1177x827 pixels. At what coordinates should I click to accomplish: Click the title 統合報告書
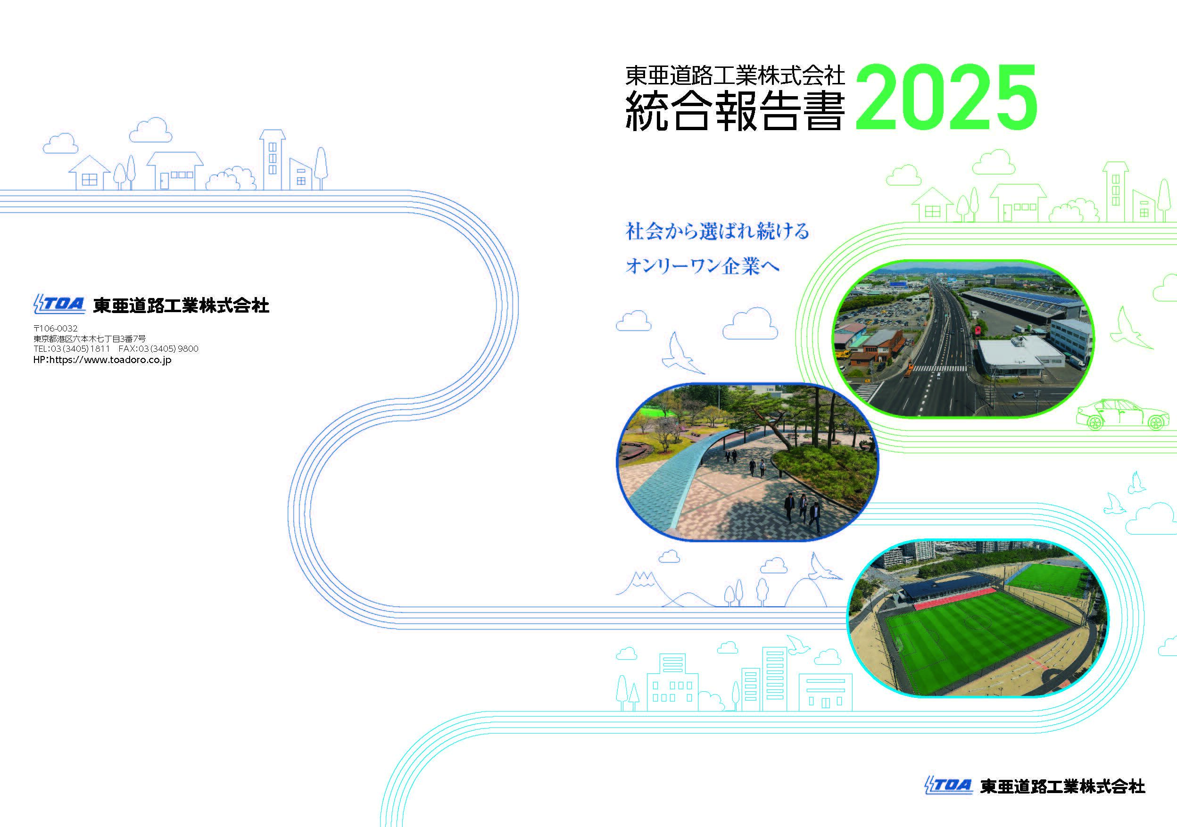pyautogui.click(x=735, y=110)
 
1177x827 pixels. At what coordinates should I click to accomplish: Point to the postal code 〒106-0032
pyautogui.click(x=55, y=328)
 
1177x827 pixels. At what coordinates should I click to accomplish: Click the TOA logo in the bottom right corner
pyautogui.click(x=948, y=800)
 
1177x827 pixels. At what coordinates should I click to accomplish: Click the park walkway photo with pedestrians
pyautogui.click(x=746, y=461)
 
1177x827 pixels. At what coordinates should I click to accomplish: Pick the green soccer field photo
pyautogui.click(x=976, y=617)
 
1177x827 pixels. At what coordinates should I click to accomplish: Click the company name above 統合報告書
pyautogui.click(x=735, y=76)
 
